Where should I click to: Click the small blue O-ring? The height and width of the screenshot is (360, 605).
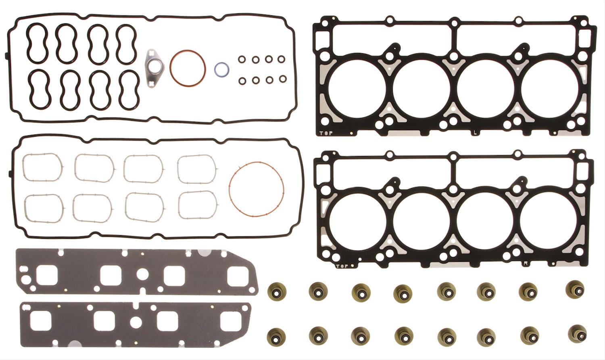coord(221,69)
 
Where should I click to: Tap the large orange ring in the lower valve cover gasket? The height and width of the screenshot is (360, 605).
coord(256,163)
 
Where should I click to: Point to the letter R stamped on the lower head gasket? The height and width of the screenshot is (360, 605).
coord(525,263)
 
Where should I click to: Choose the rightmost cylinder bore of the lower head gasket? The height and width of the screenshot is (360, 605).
coord(549,221)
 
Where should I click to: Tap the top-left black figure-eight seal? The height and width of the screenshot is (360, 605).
coord(37,43)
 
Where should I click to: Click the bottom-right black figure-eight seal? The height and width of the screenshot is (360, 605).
coord(129,90)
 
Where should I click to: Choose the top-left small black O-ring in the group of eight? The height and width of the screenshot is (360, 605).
coord(242,60)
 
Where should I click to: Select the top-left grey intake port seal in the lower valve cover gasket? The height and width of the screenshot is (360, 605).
coord(42,167)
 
